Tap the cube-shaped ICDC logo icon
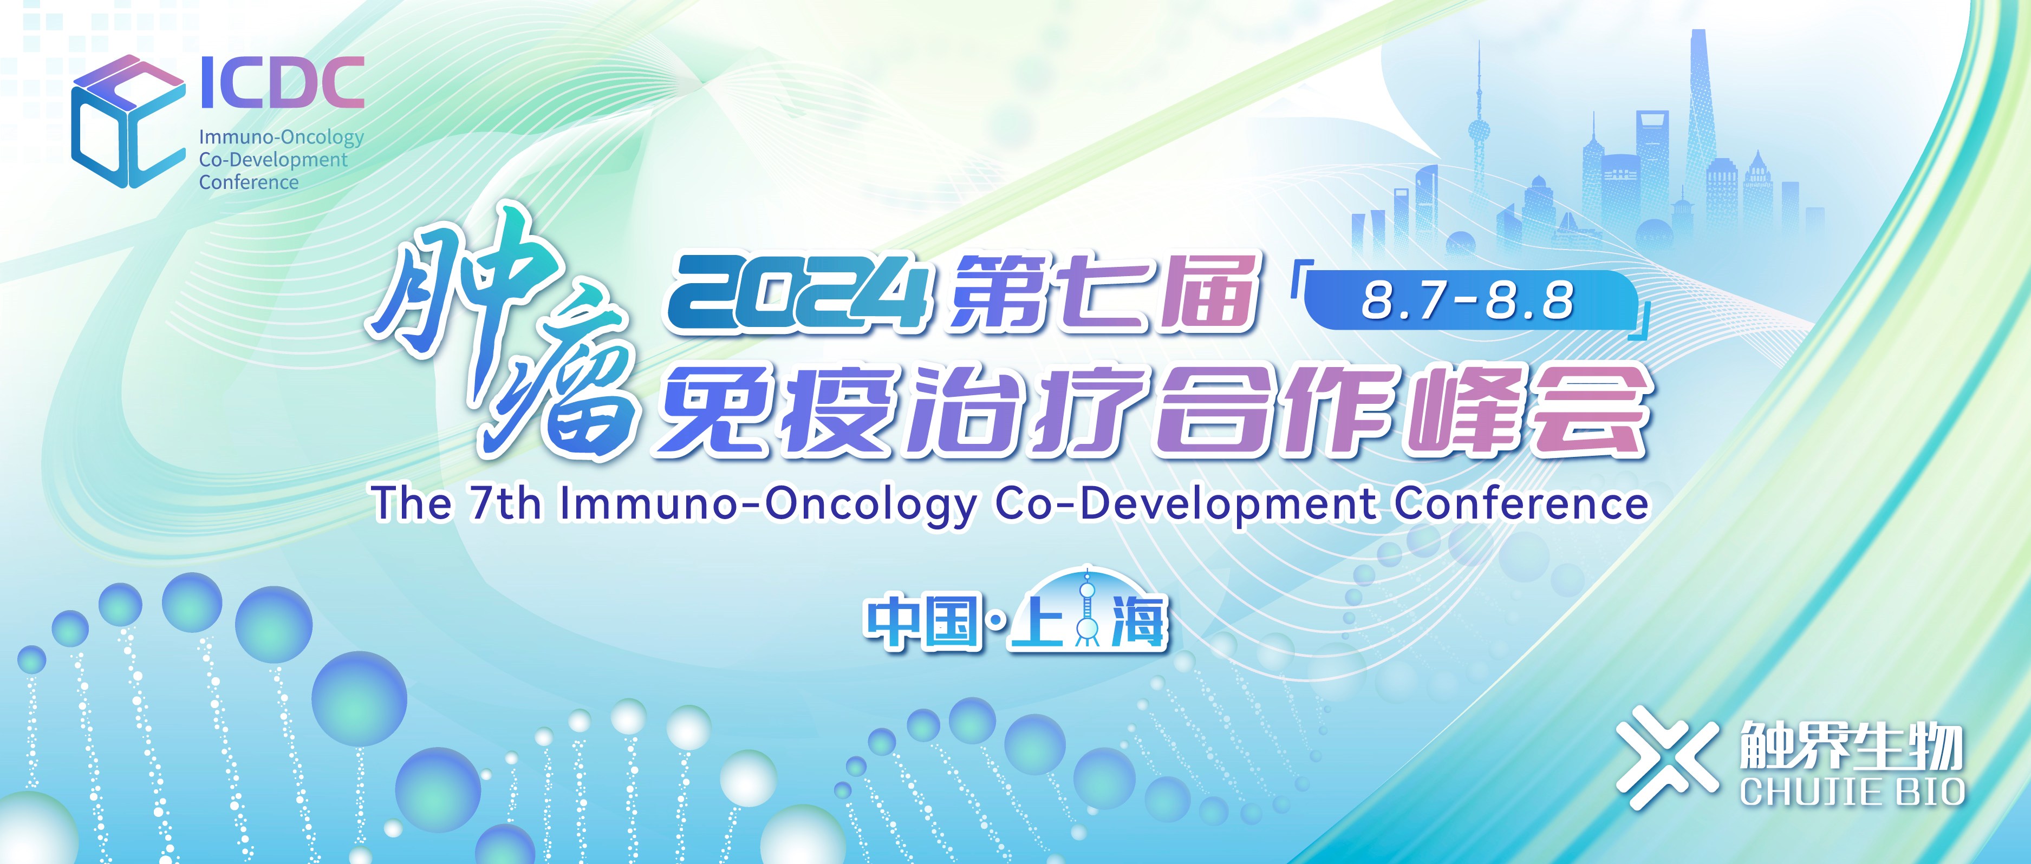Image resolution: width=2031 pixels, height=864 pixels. tap(126, 122)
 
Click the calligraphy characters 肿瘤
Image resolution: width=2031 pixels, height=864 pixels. tap(505, 331)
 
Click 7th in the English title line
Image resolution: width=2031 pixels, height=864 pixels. tap(505, 504)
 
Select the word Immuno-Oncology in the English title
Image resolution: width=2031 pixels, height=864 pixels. tap(767, 504)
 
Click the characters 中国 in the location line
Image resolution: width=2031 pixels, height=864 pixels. tap(922, 623)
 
